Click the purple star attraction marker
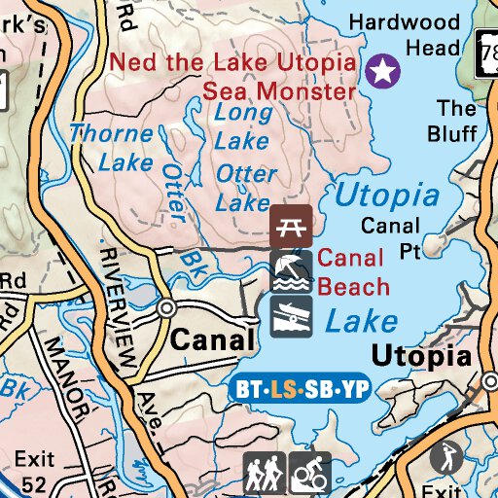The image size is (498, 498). pos(384,70)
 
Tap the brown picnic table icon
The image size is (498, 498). pos(291,225)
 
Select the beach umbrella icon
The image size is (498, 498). pos(291,270)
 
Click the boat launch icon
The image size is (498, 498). pos(291,314)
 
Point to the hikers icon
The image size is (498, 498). pos(264,474)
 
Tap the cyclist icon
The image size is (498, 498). pos(310,474)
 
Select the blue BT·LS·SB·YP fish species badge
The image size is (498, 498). pos(302,390)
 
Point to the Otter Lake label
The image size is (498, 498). pos(246,189)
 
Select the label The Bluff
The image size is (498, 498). pos(455,121)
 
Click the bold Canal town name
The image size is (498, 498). pos(213,340)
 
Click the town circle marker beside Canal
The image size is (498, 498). pos(167,308)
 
